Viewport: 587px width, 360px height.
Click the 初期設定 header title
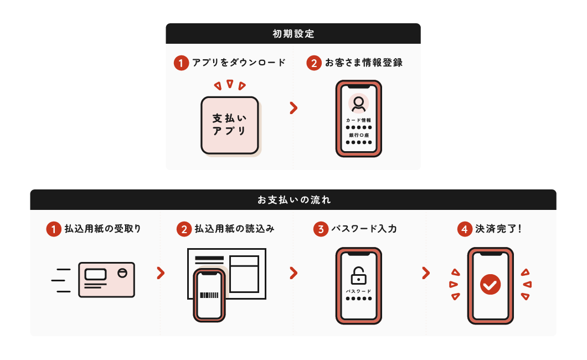click(293, 34)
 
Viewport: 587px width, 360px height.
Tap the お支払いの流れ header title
click(294, 200)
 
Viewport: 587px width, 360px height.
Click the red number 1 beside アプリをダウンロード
click(181, 63)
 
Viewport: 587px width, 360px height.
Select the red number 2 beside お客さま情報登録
click(314, 63)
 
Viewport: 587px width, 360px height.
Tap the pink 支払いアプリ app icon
click(230, 125)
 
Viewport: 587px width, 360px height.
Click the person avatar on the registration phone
click(359, 103)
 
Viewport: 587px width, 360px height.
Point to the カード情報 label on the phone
click(359, 120)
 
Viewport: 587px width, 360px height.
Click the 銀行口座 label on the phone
click(359, 135)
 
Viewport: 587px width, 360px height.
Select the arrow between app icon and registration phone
click(294, 108)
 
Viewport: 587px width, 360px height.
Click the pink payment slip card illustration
click(107, 280)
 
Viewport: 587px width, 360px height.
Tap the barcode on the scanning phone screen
click(209, 295)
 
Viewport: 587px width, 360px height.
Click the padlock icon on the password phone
click(359, 276)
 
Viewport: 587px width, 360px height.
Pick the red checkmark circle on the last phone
click(491, 285)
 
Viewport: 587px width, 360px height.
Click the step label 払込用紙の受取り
click(102, 229)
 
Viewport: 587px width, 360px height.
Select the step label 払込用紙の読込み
click(234, 229)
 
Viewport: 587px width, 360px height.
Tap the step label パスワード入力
click(364, 229)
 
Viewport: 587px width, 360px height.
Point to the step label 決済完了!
click(498, 229)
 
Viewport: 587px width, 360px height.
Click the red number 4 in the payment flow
click(465, 229)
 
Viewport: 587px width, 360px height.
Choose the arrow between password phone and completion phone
click(426, 273)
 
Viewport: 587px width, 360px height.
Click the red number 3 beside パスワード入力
click(321, 229)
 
